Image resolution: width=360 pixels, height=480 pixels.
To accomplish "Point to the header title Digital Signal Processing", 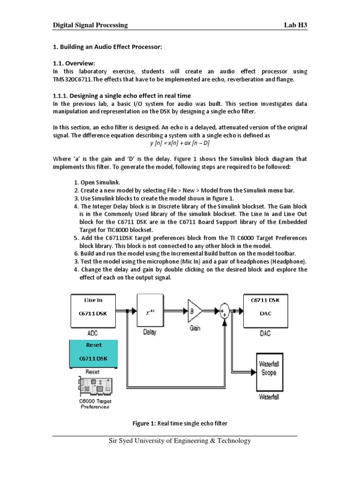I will tap(90, 25).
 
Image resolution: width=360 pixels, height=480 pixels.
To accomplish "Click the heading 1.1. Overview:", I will tap(74, 63).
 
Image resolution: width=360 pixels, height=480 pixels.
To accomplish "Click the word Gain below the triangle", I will tap(195, 328).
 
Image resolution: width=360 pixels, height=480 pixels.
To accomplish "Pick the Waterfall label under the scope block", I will tap(268, 397).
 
